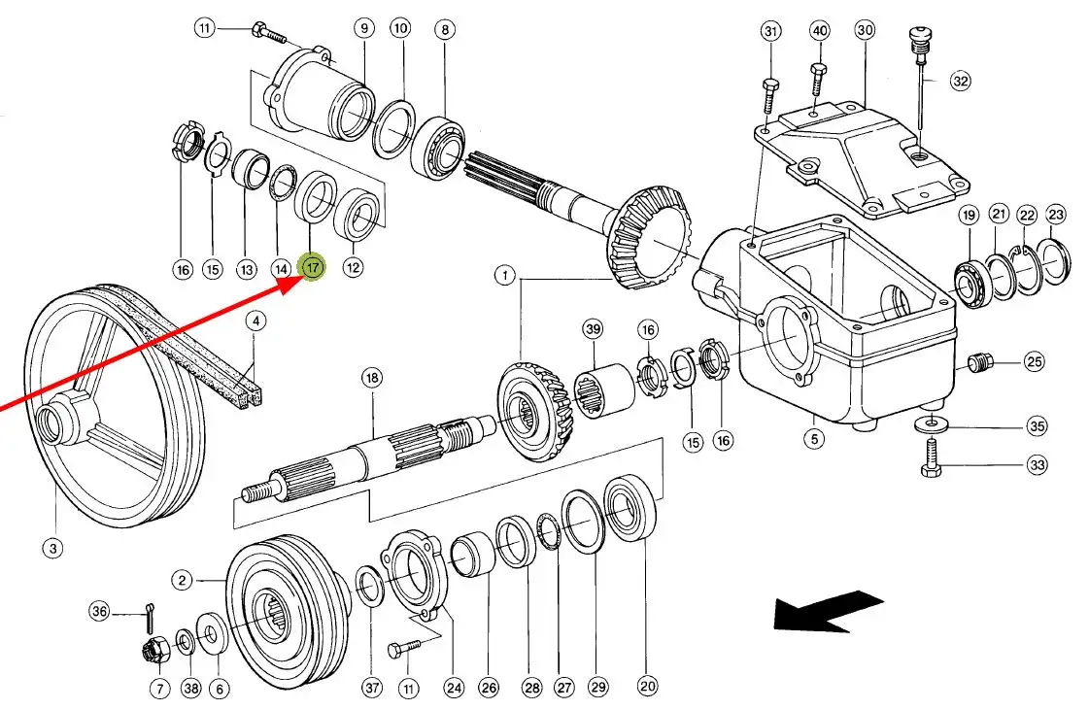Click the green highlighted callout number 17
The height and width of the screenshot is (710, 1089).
[x=312, y=266]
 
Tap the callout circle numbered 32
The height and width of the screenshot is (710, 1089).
[x=961, y=82]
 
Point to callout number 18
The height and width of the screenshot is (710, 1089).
[x=372, y=378]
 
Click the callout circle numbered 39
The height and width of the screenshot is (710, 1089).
[x=594, y=328]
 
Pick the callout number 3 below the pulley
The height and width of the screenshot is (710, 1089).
[x=53, y=548]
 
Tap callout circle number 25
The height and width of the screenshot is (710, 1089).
[x=1035, y=362]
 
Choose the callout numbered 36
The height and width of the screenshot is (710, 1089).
[x=100, y=611]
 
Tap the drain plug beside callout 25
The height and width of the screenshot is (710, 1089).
[x=979, y=362]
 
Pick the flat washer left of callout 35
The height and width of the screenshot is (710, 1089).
[x=929, y=423]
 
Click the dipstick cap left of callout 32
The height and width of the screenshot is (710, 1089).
[x=920, y=45]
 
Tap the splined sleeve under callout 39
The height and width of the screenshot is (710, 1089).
[x=603, y=391]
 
